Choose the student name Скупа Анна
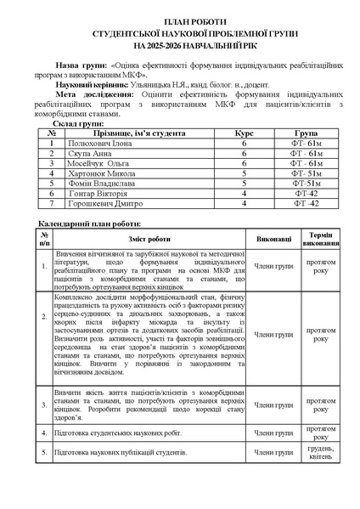(93, 153)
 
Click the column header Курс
(243, 133)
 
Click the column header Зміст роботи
(149, 240)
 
